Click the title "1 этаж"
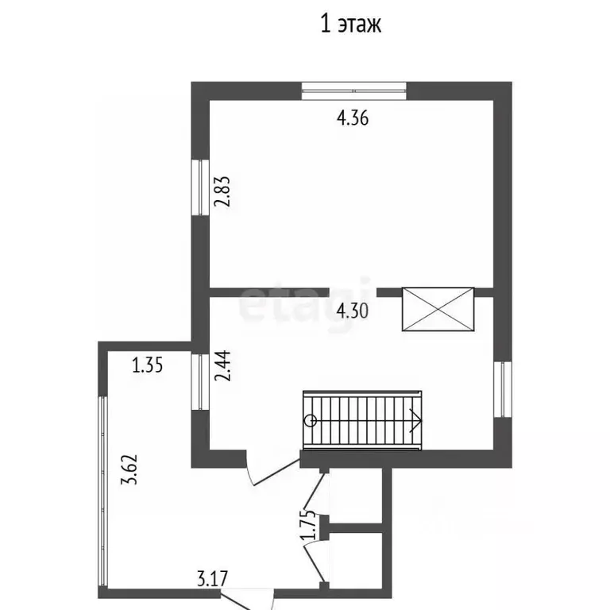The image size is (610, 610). pos(351,24)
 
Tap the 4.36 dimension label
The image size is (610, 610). pos(353,118)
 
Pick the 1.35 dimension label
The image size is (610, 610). pos(148,365)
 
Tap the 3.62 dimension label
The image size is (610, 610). pos(129,469)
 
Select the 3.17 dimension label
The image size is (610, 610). pos(212,578)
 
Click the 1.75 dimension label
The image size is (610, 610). pos(307,525)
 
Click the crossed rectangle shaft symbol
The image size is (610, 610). pos(438,309)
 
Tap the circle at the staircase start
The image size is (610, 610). pos(311,420)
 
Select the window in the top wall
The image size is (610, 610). pos(354,91)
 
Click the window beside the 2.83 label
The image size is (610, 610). pos(201,187)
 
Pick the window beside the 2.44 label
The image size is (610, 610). pos(201,381)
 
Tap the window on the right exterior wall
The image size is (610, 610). pos(503,389)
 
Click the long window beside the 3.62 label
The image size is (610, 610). pos(102,492)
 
